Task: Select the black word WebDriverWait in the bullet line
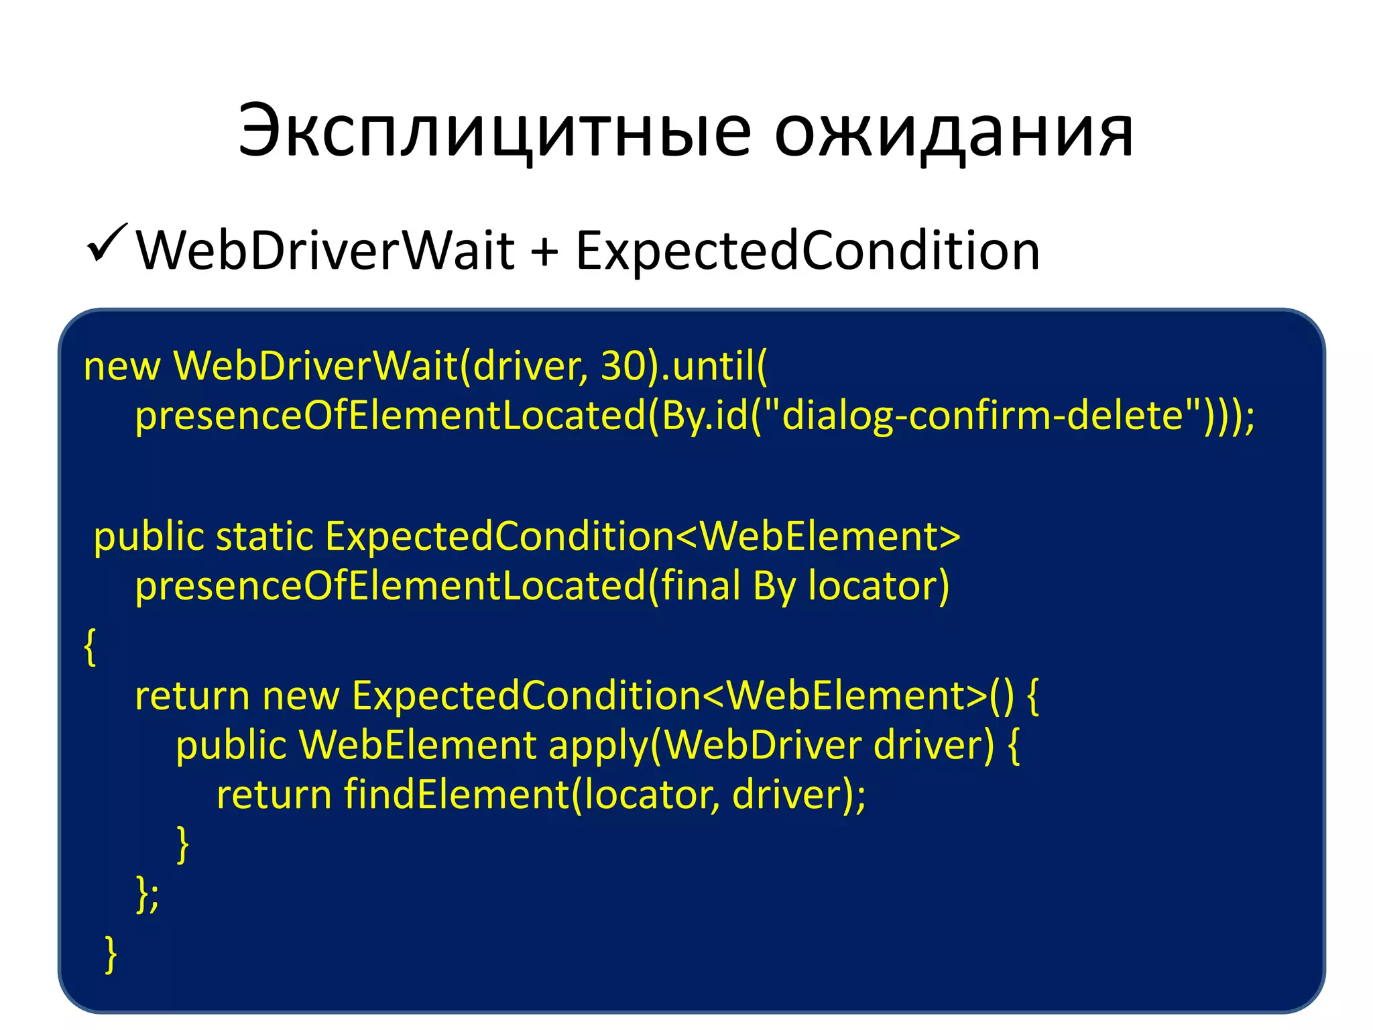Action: point(326,251)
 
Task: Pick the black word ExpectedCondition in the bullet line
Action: point(807,251)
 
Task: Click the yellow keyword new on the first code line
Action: point(121,367)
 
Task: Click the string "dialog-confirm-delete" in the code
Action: point(983,415)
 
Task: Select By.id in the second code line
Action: point(704,416)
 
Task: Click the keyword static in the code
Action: point(264,537)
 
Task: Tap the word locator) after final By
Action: point(879,586)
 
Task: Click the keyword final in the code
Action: point(700,585)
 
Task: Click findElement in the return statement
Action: point(457,795)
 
